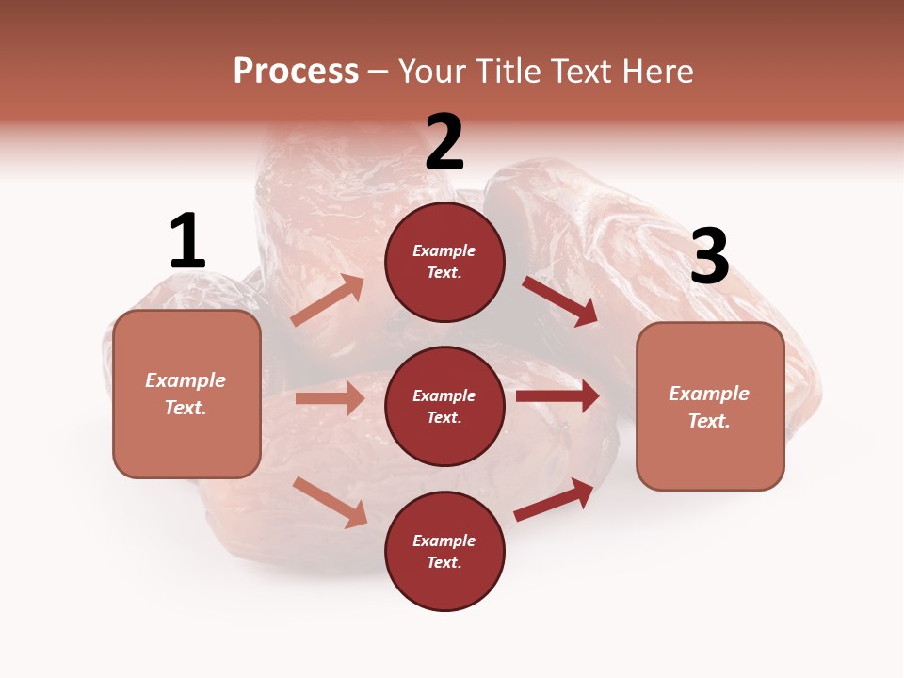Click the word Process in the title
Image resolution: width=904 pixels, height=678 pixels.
click(x=296, y=72)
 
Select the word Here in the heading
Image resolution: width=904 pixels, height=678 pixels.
click(x=656, y=72)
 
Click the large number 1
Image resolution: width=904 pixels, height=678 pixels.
click(x=187, y=242)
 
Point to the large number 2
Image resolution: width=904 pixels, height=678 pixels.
click(x=444, y=142)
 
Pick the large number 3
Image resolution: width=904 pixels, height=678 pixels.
click(x=709, y=257)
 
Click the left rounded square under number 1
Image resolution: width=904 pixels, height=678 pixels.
click(x=186, y=394)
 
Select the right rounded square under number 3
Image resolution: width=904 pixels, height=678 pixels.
click(x=710, y=407)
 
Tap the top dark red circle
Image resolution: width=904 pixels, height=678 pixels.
click(x=444, y=261)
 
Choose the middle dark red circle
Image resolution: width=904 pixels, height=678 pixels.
click(x=444, y=406)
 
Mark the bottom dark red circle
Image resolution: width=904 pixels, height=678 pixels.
click(x=444, y=551)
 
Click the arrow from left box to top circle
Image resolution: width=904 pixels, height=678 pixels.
click(x=328, y=300)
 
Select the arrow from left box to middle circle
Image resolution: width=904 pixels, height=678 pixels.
click(x=330, y=398)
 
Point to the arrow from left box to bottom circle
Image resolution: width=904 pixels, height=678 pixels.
click(x=330, y=502)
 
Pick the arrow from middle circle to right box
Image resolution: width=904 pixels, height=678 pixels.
click(x=557, y=396)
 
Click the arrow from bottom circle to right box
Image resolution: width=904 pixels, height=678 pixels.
click(x=554, y=499)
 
